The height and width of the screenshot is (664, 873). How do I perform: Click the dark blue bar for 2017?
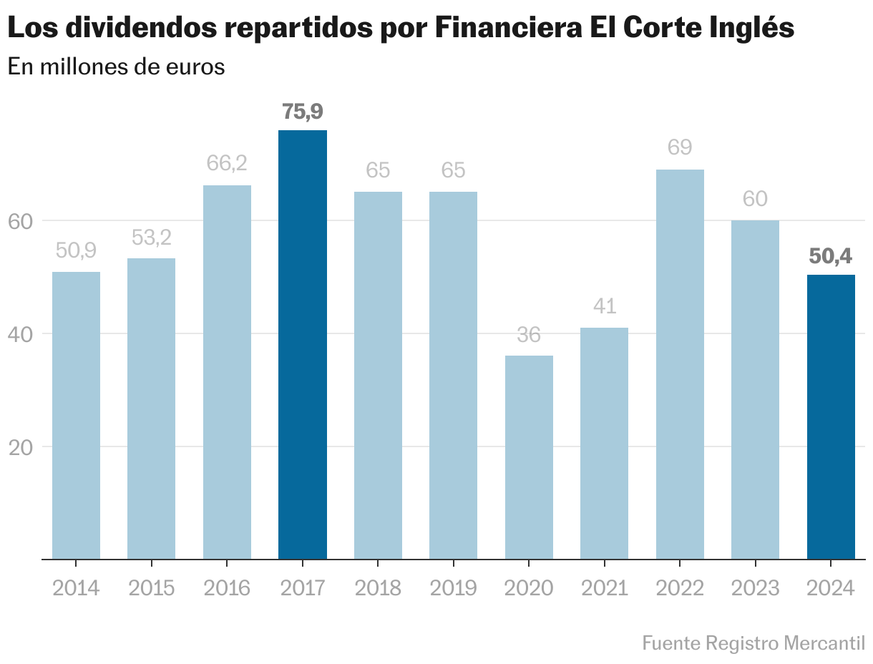coord(303,344)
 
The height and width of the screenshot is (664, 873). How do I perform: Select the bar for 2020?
coord(529,457)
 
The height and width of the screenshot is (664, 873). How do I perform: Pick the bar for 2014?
coord(77,415)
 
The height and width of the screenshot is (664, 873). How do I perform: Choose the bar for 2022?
coord(680,364)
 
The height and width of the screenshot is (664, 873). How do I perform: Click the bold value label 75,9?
coord(303,112)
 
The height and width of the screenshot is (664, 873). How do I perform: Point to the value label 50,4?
coord(831,256)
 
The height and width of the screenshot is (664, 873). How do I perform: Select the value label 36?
coord(529,335)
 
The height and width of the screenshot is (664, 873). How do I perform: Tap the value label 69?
coord(680,148)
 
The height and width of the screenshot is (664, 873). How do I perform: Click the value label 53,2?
coord(152,238)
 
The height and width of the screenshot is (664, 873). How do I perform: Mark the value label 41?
coord(605,306)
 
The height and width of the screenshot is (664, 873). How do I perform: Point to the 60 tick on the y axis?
coord(21,221)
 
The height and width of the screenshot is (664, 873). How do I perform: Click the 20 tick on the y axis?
coord(21,447)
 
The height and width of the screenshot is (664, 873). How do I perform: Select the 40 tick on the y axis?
coord(21,334)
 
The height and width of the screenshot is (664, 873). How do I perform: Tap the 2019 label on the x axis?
coord(454,588)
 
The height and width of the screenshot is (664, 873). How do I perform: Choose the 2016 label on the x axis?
coord(227,588)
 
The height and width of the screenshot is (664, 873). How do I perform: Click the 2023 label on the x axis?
coord(755,588)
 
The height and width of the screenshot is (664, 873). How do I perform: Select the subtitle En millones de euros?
coord(116,67)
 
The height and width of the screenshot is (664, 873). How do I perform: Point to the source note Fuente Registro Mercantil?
coord(753,643)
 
